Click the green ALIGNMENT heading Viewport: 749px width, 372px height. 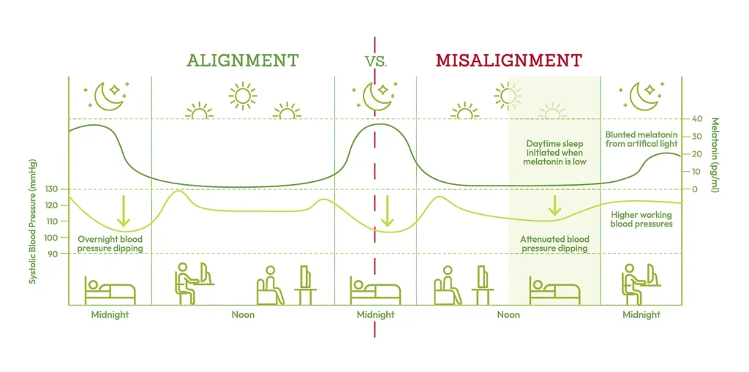243,61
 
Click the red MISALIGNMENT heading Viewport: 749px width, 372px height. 509,61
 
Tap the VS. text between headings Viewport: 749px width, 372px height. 377,62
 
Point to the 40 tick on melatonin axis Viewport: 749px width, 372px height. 692,119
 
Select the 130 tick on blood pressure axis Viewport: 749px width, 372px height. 53,189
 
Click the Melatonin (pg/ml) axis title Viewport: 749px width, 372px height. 715,155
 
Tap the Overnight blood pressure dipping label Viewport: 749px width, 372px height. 110,243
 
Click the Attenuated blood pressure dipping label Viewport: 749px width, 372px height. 554,243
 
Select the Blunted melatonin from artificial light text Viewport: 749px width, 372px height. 641,139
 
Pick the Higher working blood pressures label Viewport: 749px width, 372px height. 641,219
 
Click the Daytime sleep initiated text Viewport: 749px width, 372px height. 555,153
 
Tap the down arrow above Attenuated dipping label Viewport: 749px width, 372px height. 554,205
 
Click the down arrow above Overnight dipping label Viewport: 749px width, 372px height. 124,210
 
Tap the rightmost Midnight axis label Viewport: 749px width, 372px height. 641,315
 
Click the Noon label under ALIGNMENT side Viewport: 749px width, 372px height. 243,315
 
